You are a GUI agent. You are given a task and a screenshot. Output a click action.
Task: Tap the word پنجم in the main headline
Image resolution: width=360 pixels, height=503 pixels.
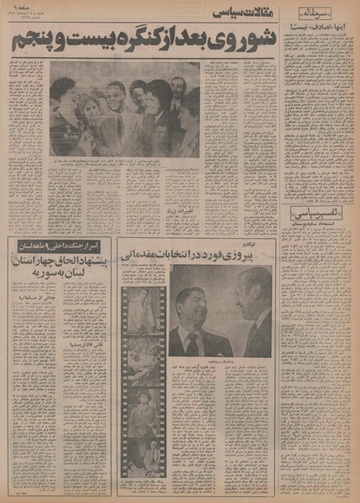click(81, 40)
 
